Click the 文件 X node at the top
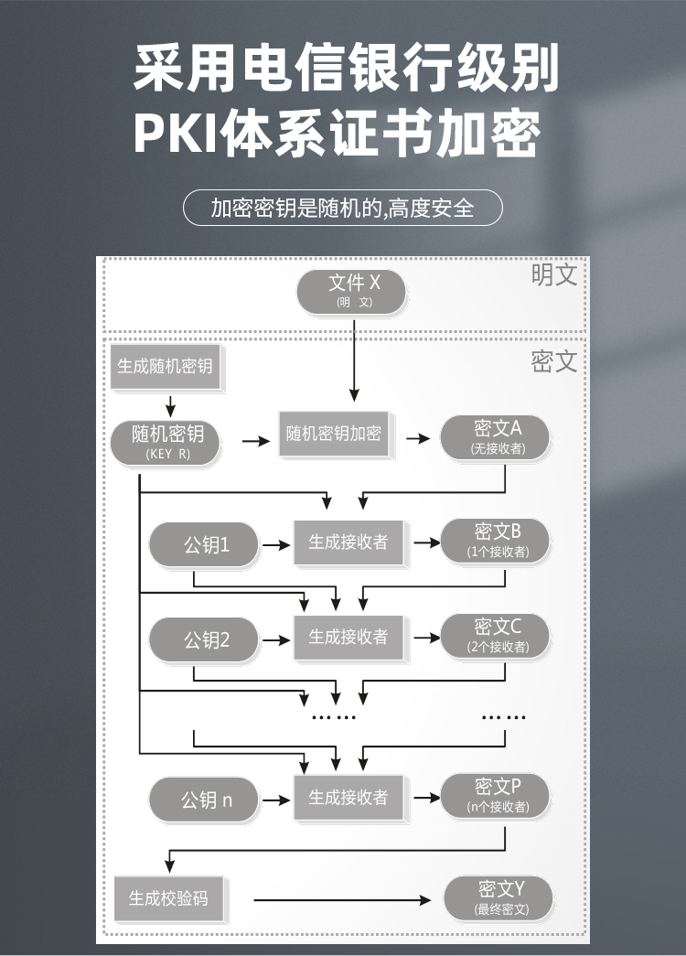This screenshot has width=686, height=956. (351, 292)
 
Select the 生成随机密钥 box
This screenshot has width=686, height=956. (165, 366)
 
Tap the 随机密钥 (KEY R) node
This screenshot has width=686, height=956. (165, 443)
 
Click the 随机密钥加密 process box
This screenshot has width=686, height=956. (334, 434)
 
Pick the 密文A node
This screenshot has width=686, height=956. (495, 438)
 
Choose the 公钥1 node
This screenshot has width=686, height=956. (204, 544)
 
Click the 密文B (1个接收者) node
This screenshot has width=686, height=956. (495, 541)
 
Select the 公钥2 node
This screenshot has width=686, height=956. (204, 639)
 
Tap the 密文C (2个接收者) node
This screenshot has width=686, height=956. (495, 636)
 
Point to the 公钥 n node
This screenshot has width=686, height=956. (204, 800)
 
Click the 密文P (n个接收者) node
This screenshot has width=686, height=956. (495, 796)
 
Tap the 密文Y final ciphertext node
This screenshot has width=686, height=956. (498, 898)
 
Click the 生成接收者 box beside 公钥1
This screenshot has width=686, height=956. (348, 542)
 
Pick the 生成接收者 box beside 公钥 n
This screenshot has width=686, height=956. (348, 797)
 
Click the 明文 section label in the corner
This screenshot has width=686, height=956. (553, 274)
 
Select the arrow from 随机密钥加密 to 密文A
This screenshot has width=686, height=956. (418, 438)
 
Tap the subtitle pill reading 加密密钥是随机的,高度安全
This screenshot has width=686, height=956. (343, 208)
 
